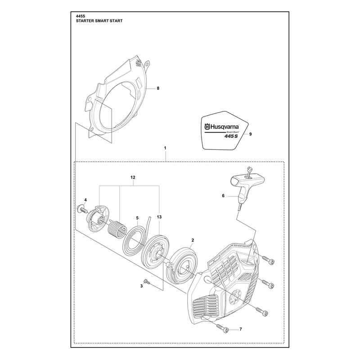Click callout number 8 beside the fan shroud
pyautogui.click(x=158, y=88)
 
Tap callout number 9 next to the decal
pyautogui.click(x=251, y=134)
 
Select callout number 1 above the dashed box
pyautogui.click(x=165, y=148)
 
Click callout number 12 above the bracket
pyautogui.click(x=133, y=177)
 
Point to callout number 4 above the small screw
pyautogui.click(x=85, y=200)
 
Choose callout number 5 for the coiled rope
pyautogui.click(x=137, y=218)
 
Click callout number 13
pyautogui.click(x=159, y=217)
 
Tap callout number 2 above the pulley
pyautogui.click(x=193, y=240)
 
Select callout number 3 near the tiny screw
pyautogui.click(x=141, y=286)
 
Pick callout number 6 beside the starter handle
pyautogui.click(x=223, y=196)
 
